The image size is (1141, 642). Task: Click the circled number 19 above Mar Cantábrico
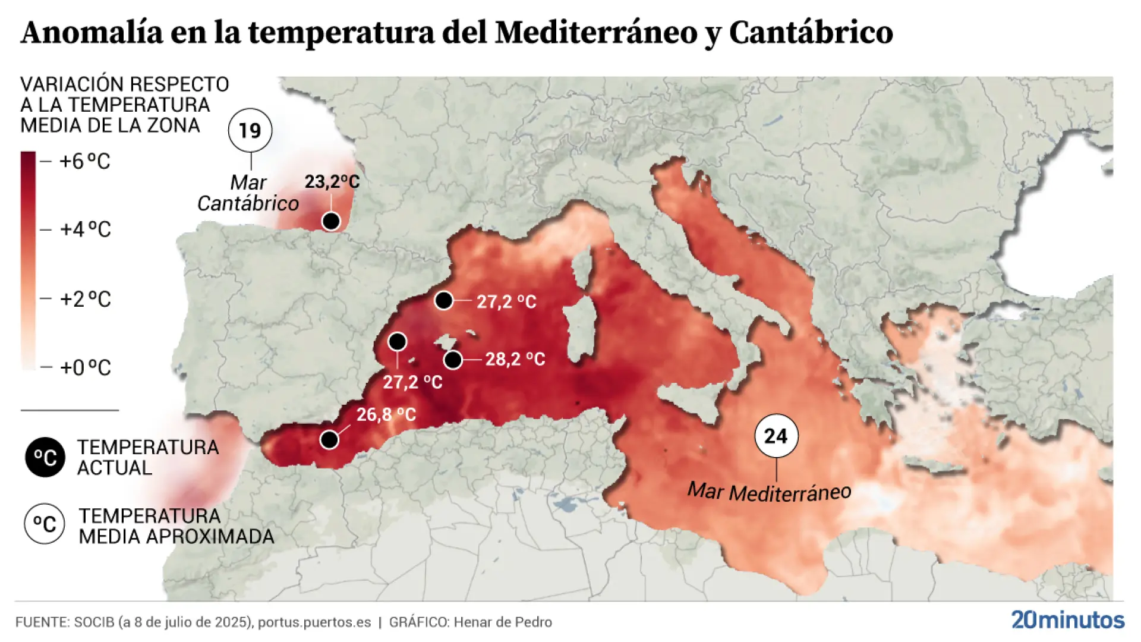coord(250,130)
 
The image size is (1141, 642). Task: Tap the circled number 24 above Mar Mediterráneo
coord(776,436)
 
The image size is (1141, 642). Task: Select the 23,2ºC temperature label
coord(332,181)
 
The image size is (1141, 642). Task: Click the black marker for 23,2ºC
coord(331,222)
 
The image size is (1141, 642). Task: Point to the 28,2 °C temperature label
coord(515,359)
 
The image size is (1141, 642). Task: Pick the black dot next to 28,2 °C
coord(453,360)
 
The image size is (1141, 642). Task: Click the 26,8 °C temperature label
coord(386,414)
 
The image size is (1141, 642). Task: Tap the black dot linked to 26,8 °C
coord(329,440)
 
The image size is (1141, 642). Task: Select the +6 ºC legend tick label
coord(85,161)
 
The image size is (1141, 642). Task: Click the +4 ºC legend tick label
coord(85,229)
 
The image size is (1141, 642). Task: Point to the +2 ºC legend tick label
coord(85,299)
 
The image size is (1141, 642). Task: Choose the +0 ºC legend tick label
coord(85,368)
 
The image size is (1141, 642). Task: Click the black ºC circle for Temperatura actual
coord(45,458)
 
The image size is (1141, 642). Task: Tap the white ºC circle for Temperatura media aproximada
coord(45,524)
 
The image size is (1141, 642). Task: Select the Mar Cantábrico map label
coord(248,193)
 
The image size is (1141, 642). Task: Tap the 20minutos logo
coord(1068,620)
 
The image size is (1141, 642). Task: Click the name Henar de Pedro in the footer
coord(503,622)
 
